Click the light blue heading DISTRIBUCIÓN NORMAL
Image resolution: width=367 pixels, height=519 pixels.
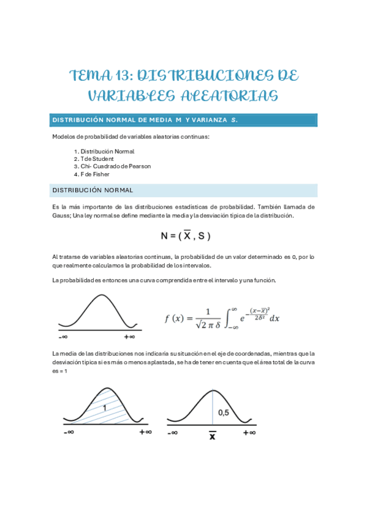(x=93, y=190)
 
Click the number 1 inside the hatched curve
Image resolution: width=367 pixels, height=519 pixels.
(x=105, y=407)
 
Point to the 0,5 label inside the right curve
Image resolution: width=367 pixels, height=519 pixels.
(x=224, y=413)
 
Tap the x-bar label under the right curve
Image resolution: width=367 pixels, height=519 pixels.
(x=212, y=436)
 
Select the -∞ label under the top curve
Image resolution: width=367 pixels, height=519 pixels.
(x=62, y=337)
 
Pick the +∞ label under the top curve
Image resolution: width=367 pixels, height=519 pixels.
(x=129, y=337)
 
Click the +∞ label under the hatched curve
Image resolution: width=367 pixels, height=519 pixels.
(x=145, y=431)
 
